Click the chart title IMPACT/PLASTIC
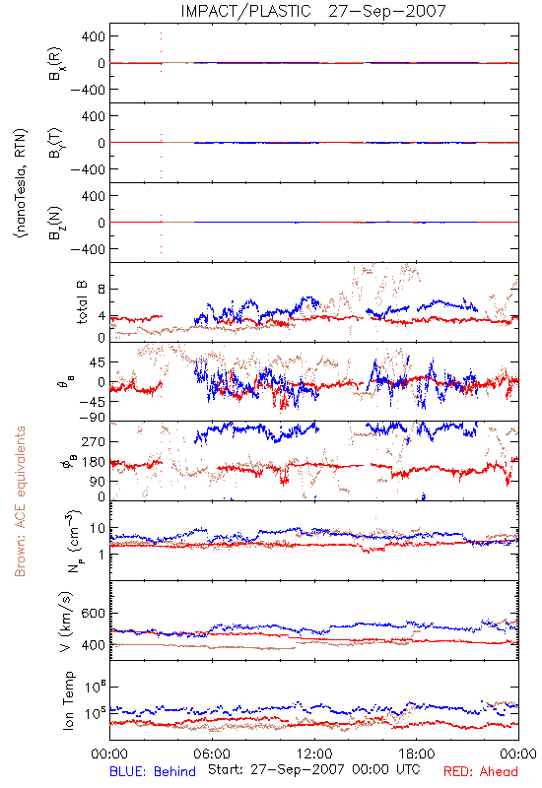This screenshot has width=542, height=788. (x=245, y=11)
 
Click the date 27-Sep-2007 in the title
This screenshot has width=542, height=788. (x=387, y=11)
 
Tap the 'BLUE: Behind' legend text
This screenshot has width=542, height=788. (x=153, y=771)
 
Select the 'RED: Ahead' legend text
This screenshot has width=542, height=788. (x=481, y=771)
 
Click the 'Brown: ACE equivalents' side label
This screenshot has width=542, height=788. (x=20, y=501)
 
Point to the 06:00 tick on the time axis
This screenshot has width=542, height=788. (x=212, y=754)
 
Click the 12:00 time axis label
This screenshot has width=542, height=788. (x=314, y=754)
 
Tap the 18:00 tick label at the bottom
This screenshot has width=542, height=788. (x=417, y=754)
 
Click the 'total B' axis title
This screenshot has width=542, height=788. (x=82, y=302)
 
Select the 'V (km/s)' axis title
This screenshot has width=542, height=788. (x=66, y=622)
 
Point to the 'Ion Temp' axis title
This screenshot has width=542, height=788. (x=68, y=700)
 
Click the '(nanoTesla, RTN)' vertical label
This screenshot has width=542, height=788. (x=21, y=183)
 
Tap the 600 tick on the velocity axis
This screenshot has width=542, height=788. (x=94, y=613)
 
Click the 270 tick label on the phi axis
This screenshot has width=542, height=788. (x=94, y=441)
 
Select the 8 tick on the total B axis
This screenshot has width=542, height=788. (x=102, y=289)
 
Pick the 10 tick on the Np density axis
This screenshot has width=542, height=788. (x=98, y=528)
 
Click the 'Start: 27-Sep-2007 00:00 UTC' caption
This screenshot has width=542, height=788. (x=313, y=769)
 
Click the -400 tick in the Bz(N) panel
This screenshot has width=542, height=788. (x=88, y=249)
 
